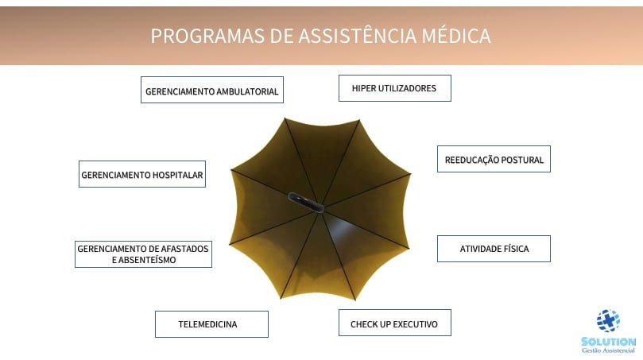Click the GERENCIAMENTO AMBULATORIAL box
[x=212, y=90]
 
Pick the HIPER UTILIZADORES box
[x=395, y=88]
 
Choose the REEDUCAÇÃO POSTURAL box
[x=494, y=159]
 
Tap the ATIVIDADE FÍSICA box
[x=494, y=249]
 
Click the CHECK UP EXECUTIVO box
[x=395, y=323]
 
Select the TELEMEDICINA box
[x=211, y=324]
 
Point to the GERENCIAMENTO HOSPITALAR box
[x=142, y=174]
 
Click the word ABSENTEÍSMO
[x=147, y=260]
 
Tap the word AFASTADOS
[x=184, y=249]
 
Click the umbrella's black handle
[x=305, y=203]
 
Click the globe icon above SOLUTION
[x=608, y=320]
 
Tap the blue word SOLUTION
[x=609, y=342]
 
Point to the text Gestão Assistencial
[x=609, y=350]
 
